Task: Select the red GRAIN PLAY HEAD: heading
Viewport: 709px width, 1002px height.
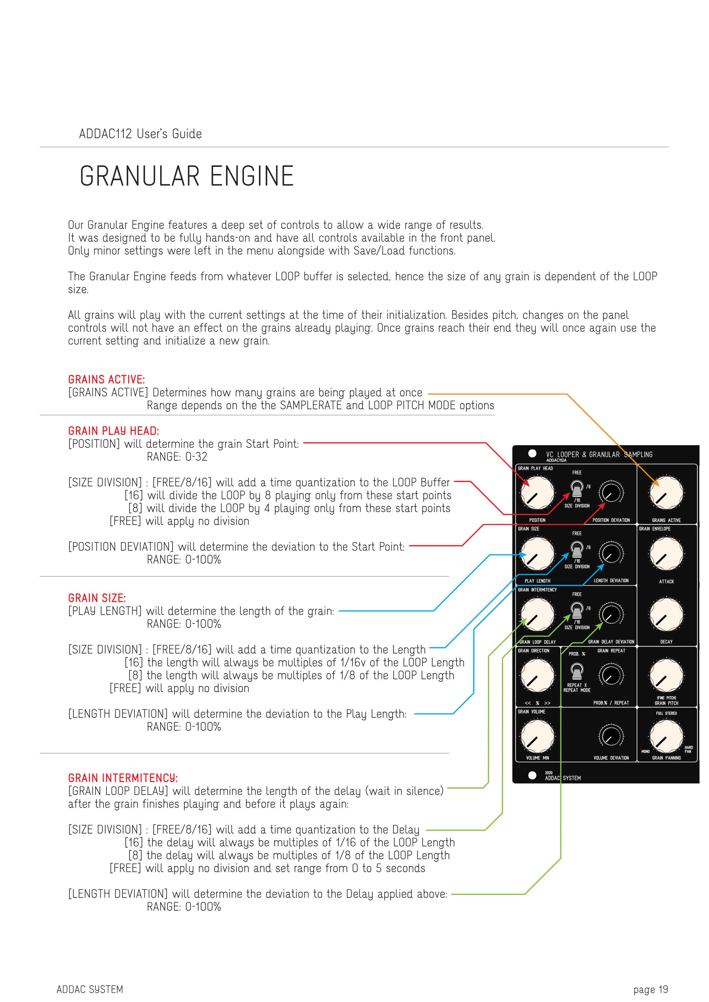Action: click(x=113, y=431)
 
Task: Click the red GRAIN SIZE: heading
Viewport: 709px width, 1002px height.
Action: click(x=97, y=598)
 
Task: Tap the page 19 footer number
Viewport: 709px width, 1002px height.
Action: click(x=650, y=989)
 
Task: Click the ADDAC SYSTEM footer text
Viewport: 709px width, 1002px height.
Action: click(x=90, y=989)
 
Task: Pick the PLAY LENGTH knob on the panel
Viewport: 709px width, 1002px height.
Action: click(x=537, y=554)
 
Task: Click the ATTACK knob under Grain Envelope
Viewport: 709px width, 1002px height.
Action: click(x=666, y=554)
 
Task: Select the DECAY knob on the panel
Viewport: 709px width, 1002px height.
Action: click(x=666, y=615)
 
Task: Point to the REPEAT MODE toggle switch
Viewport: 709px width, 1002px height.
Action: click(x=577, y=672)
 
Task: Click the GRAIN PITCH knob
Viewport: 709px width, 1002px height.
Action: click(x=666, y=675)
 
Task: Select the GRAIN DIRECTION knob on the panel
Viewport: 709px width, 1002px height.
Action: click(x=537, y=675)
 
